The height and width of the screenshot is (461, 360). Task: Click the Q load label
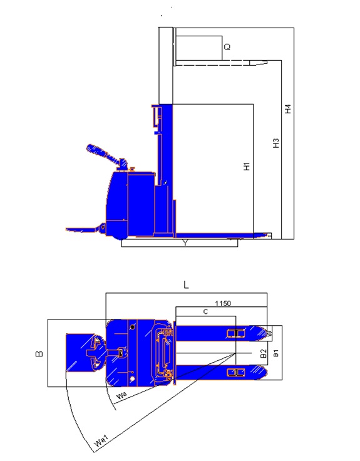227,47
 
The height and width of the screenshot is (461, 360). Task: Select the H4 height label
287,108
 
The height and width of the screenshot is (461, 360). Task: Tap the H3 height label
275,143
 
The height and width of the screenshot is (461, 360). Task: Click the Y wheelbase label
183,243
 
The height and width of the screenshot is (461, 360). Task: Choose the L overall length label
186,285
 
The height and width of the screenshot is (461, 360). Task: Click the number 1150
224,303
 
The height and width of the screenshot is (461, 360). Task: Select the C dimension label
205,311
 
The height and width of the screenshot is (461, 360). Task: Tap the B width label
39,354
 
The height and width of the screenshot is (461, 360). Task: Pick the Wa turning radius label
123,396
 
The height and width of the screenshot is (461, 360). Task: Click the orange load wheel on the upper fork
235,333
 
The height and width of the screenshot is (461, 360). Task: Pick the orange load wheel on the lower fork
235,373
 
